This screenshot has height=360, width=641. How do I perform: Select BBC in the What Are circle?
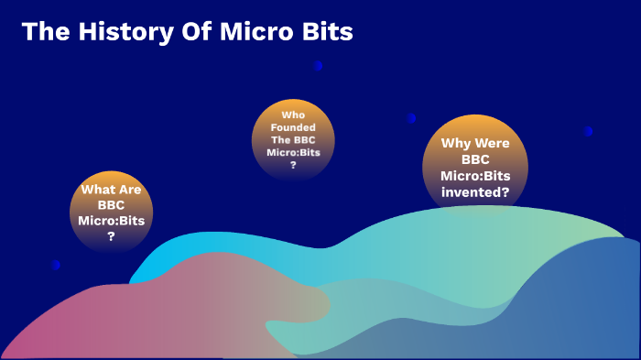point(111,205)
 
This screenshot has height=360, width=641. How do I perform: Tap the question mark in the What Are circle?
point(111,236)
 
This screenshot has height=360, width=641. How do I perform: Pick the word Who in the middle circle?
point(293,115)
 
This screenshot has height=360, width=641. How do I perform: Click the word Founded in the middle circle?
point(293,127)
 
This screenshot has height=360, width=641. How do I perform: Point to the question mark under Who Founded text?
point(293,166)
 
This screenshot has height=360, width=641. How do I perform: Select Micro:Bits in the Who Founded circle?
point(293,153)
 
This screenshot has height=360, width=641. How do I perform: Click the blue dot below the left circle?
point(56,265)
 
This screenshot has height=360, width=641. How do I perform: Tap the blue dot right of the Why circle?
point(588,131)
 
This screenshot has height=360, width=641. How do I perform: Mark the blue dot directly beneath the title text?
point(318,66)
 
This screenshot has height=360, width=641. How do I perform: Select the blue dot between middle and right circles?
point(411,117)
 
